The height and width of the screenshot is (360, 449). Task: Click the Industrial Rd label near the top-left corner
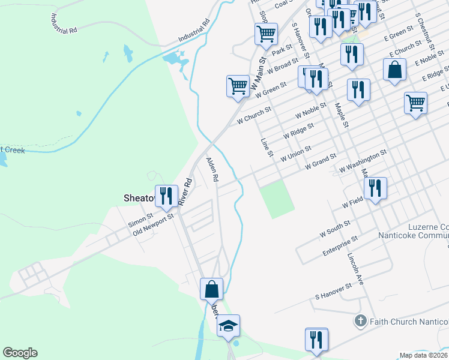65,23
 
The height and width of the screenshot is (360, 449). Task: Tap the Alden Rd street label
212,170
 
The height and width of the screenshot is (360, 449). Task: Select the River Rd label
188,189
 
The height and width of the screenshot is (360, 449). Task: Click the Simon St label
142,218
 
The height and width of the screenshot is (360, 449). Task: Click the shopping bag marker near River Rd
211,290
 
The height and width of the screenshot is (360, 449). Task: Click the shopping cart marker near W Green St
238,86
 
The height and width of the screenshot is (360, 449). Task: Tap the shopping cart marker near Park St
266,34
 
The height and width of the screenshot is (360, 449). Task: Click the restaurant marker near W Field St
375,188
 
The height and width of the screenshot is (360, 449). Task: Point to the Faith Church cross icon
360,321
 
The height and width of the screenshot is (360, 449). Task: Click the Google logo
20,353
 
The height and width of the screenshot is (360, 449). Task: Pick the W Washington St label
363,163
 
